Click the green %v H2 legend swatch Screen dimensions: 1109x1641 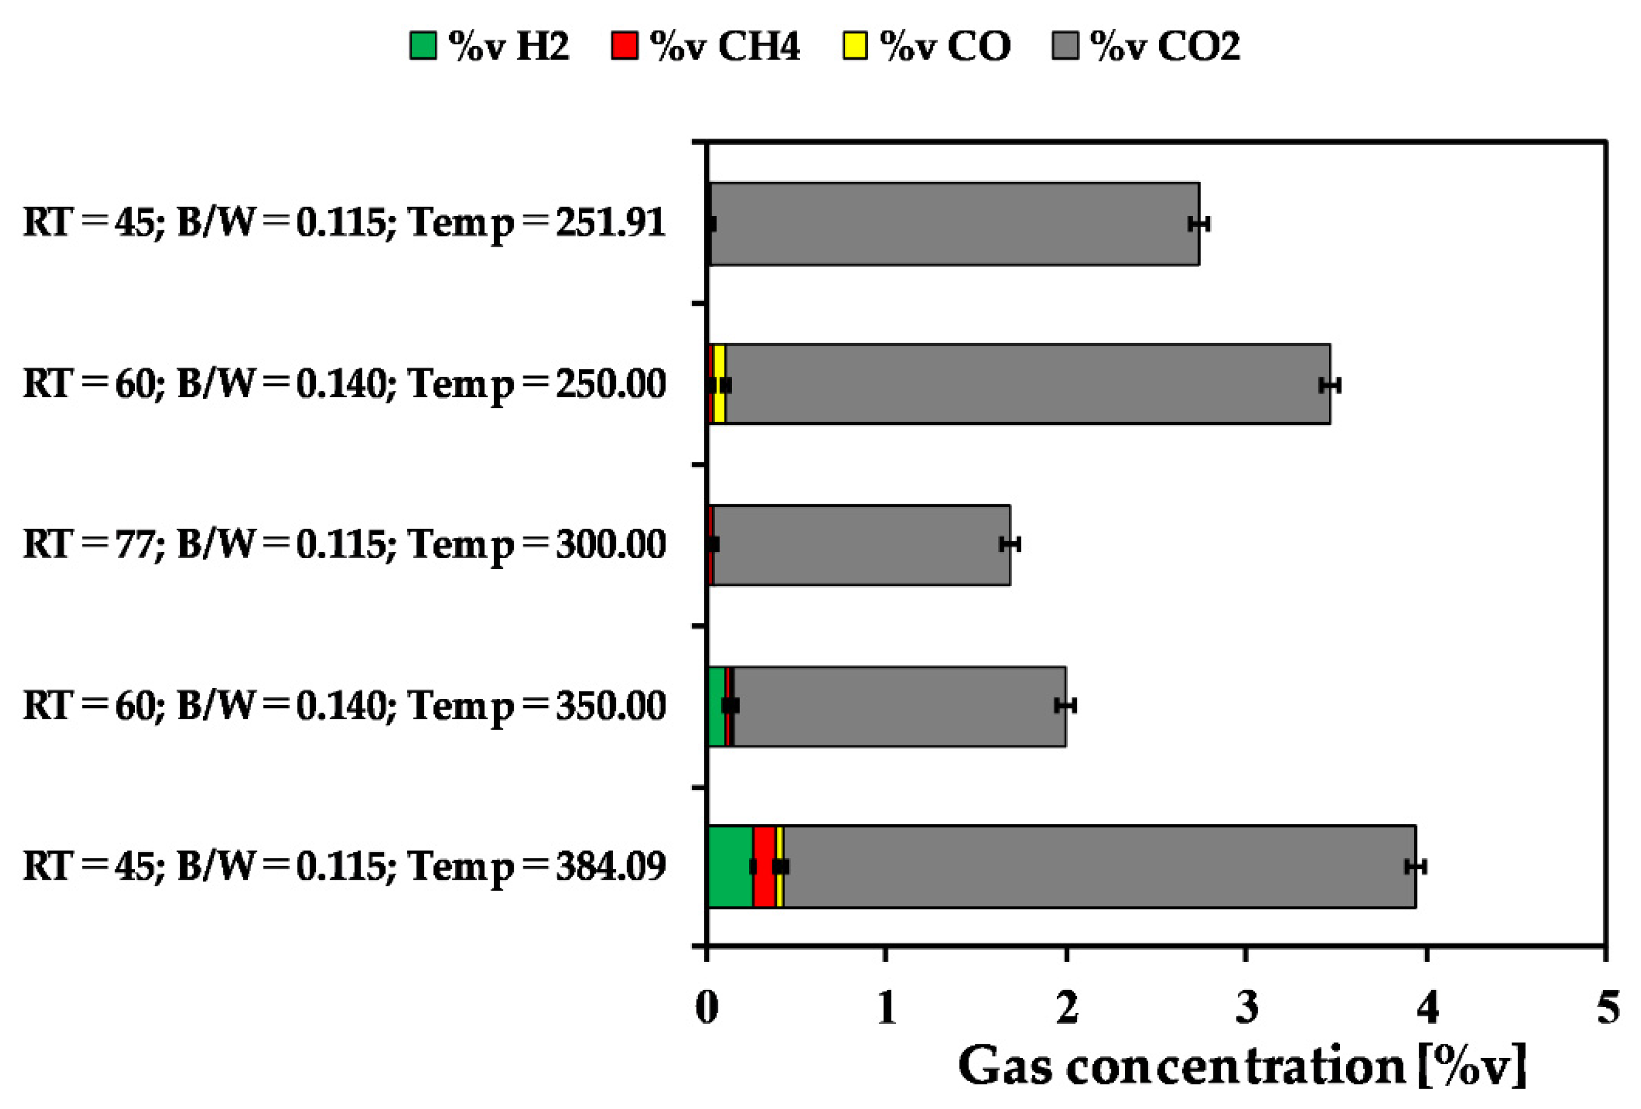(x=422, y=47)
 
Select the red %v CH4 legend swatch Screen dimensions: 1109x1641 (x=624, y=47)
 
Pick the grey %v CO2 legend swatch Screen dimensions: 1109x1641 (x=1065, y=47)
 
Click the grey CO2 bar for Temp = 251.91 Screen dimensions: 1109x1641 (x=953, y=225)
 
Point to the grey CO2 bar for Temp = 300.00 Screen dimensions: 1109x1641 (x=861, y=545)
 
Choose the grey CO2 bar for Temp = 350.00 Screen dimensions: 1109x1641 (x=896, y=706)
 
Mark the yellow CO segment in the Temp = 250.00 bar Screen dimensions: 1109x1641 (x=719, y=368)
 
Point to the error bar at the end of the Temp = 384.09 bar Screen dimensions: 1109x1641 (x=1415, y=867)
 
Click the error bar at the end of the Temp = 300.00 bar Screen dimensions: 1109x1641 (x=1010, y=544)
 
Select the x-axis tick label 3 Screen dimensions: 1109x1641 (x=1247, y=1007)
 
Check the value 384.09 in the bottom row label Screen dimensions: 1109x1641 (x=611, y=867)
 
